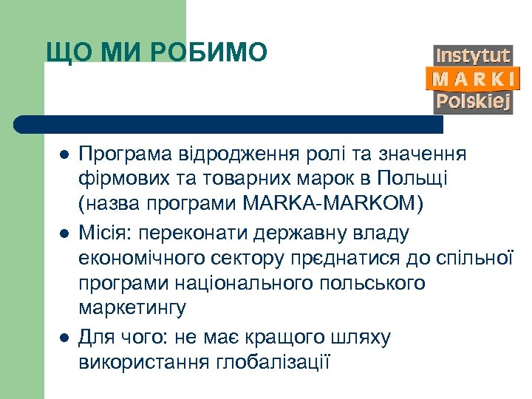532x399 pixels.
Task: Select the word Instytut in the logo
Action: tap(472, 55)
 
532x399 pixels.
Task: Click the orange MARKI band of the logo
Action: tap(473, 78)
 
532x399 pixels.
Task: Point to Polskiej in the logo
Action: tap(473, 101)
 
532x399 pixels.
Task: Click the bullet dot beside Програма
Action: tap(64, 155)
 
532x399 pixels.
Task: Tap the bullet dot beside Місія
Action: tap(64, 233)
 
